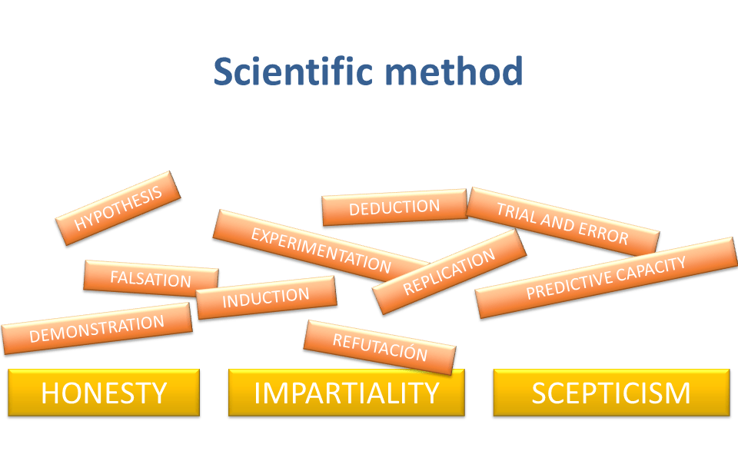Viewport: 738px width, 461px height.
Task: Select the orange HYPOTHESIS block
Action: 118,207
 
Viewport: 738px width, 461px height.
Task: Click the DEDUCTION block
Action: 394,207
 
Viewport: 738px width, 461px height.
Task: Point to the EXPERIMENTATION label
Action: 321,250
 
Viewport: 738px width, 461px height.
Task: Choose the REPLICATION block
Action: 449,272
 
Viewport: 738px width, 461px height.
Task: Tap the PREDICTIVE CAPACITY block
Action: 606,278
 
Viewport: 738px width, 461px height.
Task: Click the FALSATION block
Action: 151,279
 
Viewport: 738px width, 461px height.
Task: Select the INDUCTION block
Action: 266,297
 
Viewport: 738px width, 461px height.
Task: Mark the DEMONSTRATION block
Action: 97,329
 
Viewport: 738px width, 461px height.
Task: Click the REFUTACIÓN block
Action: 380,347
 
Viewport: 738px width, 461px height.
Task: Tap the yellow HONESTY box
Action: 104,393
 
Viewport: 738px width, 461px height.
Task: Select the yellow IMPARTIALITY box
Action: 347,393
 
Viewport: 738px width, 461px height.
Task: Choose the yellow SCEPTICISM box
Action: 611,393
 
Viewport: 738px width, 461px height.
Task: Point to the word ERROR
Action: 606,233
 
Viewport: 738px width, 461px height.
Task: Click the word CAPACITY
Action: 652,267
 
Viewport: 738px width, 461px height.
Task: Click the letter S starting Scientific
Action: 224,71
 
